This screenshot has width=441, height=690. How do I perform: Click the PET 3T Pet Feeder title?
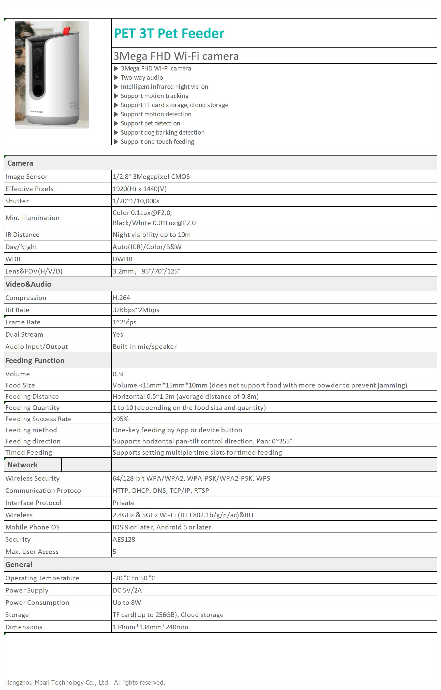(169, 33)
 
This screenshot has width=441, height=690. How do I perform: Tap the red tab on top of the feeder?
(66, 30)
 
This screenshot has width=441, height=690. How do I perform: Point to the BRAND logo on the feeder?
(36, 111)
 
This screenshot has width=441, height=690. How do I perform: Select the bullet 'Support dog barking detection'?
(162, 132)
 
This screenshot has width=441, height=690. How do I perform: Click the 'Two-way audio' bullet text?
(141, 77)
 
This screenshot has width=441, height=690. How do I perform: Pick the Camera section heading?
(20, 163)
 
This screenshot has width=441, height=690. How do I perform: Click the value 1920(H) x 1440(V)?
(139, 189)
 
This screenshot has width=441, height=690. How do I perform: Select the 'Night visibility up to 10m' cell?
(152, 234)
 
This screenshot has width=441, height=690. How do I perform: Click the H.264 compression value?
(121, 297)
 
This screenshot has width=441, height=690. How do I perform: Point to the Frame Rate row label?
(23, 322)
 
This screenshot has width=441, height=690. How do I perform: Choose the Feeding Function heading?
(35, 360)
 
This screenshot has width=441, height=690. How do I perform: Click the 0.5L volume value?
(119, 374)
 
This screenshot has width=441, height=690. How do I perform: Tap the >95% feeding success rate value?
(121, 419)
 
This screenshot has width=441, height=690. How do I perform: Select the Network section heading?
(23, 465)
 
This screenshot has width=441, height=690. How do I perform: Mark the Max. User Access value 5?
(114, 551)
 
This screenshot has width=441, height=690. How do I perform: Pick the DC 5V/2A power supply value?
(127, 590)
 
